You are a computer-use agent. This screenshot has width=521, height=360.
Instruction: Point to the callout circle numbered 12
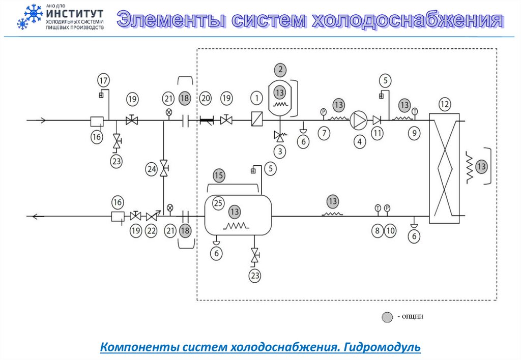coord(445,105)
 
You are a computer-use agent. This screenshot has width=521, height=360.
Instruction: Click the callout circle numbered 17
coord(103,80)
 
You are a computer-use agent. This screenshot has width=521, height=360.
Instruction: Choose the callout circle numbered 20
coord(206,98)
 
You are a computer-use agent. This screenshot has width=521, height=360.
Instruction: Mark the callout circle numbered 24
coord(151,170)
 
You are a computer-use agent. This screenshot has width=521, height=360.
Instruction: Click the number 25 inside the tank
coord(218,203)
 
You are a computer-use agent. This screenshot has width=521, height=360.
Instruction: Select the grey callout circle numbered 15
coord(219,176)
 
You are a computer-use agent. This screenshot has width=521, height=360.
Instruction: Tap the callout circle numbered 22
coord(152,231)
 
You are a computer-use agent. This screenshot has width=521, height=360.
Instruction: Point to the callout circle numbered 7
coord(324,133)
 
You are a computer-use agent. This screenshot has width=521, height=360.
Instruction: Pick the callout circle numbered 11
coord(377,133)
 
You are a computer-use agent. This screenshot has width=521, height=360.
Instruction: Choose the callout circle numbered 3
coord(279,151)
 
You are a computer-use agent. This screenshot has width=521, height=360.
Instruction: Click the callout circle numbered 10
coord(390,231)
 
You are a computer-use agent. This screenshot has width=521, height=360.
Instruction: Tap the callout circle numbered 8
coord(377,231)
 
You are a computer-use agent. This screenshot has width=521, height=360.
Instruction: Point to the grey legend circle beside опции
coord(387,317)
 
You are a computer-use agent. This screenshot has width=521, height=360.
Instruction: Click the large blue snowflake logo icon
coord(33,13)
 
